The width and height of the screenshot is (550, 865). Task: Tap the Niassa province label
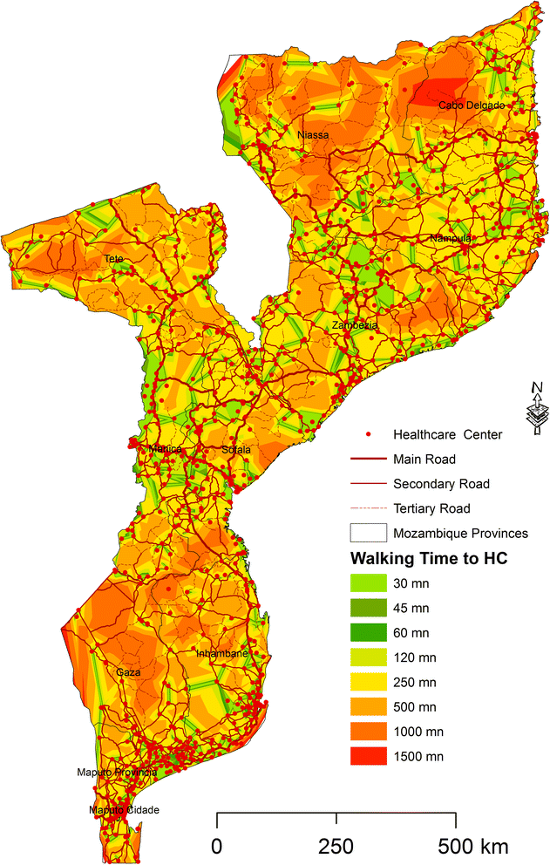tap(313, 135)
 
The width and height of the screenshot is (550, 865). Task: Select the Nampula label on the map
tap(451, 238)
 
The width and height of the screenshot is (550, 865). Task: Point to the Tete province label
tap(113, 259)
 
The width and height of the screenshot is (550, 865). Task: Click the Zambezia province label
tap(354, 325)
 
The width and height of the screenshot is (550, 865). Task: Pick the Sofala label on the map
tap(236, 450)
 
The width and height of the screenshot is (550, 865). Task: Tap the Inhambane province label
tap(223, 653)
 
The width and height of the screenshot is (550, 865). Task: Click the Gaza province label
tap(128, 672)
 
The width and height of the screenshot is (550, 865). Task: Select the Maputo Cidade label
tap(124, 810)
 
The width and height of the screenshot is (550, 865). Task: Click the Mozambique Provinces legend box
tap(367, 533)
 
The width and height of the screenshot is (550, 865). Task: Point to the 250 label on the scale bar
tap(336, 846)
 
